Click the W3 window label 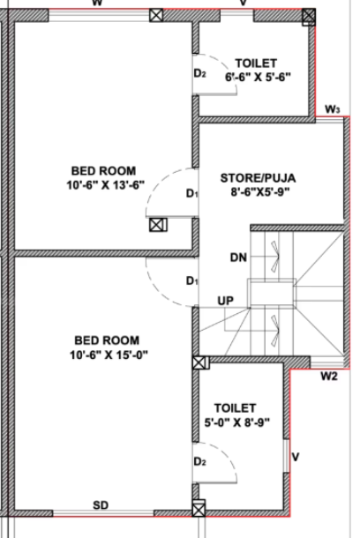click(x=332, y=108)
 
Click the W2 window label click(x=328, y=377)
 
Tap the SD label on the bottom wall click(x=101, y=505)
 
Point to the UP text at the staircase click(x=227, y=302)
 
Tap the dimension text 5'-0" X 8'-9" click(x=235, y=422)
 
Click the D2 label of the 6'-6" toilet click(x=199, y=73)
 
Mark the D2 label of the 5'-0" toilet click(x=199, y=462)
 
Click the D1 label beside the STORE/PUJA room click(x=191, y=193)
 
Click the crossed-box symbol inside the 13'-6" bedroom click(x=157, y=224)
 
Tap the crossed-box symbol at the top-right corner click(x=308, y=15)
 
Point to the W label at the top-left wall click(x=97, y=4)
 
